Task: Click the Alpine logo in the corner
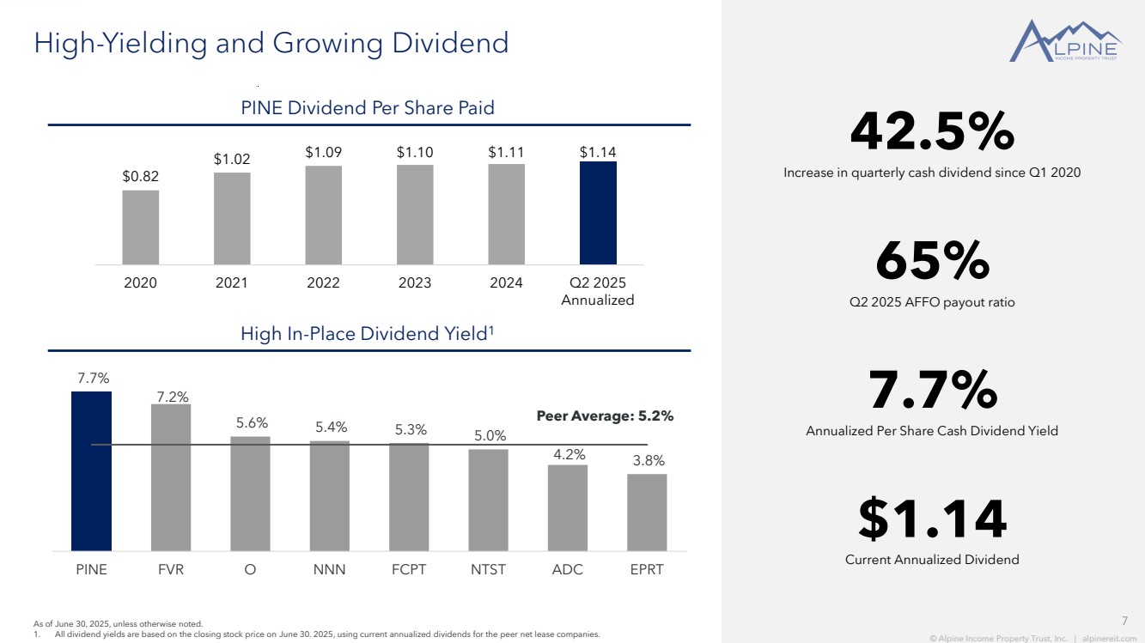coord(1064,42)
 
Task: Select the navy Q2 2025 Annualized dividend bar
coord(598,213)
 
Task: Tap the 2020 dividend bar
coord(140,227)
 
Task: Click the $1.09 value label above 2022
coord(323,152)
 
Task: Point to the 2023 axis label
coord(415,283)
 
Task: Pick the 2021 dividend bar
coord(232,218)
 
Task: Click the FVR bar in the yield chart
coord(171,477)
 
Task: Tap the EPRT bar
coord(647,512)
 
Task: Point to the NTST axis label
coord(488,569)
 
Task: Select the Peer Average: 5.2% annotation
coord(605,416)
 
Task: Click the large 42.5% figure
coord(932,132)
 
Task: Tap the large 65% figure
coord(932,262)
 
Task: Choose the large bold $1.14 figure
coord(932,520)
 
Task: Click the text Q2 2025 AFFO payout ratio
coord(932,302)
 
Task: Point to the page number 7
coord(1125,621)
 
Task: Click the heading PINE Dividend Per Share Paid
coord(368,108)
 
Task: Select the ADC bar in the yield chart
coord(568,507)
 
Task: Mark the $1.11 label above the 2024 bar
coord(506,152)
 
